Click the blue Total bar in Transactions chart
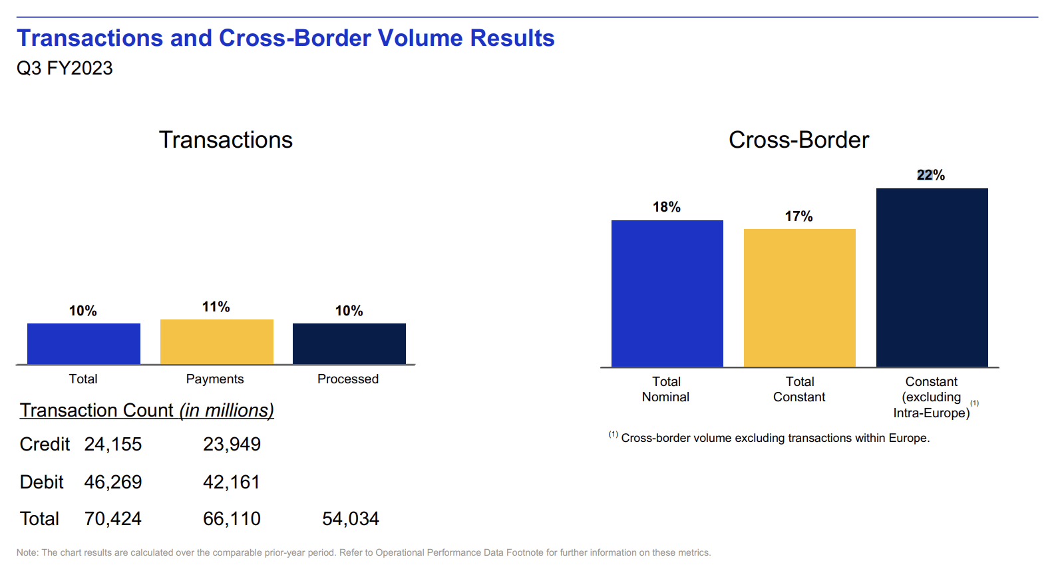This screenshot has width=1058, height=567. tap(84, 343)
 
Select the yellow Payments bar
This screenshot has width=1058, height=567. tap(217, 341)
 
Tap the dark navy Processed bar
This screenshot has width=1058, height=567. tap(349, 343)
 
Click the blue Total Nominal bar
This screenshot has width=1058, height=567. tap(667, 293)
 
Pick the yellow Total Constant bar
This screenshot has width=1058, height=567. tap(799, 297)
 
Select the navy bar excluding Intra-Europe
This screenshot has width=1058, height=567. tap(932, 277)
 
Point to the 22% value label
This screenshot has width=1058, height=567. tap(931, 175)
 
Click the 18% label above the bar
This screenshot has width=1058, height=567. tap(667, 207)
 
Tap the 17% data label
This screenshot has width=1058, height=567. tap(798, 216)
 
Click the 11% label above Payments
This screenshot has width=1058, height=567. tap(216, 307)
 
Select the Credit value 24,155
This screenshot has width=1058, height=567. tap(113, 444)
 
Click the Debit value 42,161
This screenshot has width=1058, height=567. tap(232, 482)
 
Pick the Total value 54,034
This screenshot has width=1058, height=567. tap(351, 518)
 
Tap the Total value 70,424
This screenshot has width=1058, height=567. tap(113, 518)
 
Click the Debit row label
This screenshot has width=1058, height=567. tap(42, 482)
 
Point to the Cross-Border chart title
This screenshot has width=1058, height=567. tap(798, 140)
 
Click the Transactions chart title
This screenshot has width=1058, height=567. tap(226, 140)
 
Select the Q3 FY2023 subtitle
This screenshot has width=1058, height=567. tap(65, 68)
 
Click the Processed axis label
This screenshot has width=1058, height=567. tap(348, 379)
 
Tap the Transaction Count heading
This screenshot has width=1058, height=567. tap(147, 410)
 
